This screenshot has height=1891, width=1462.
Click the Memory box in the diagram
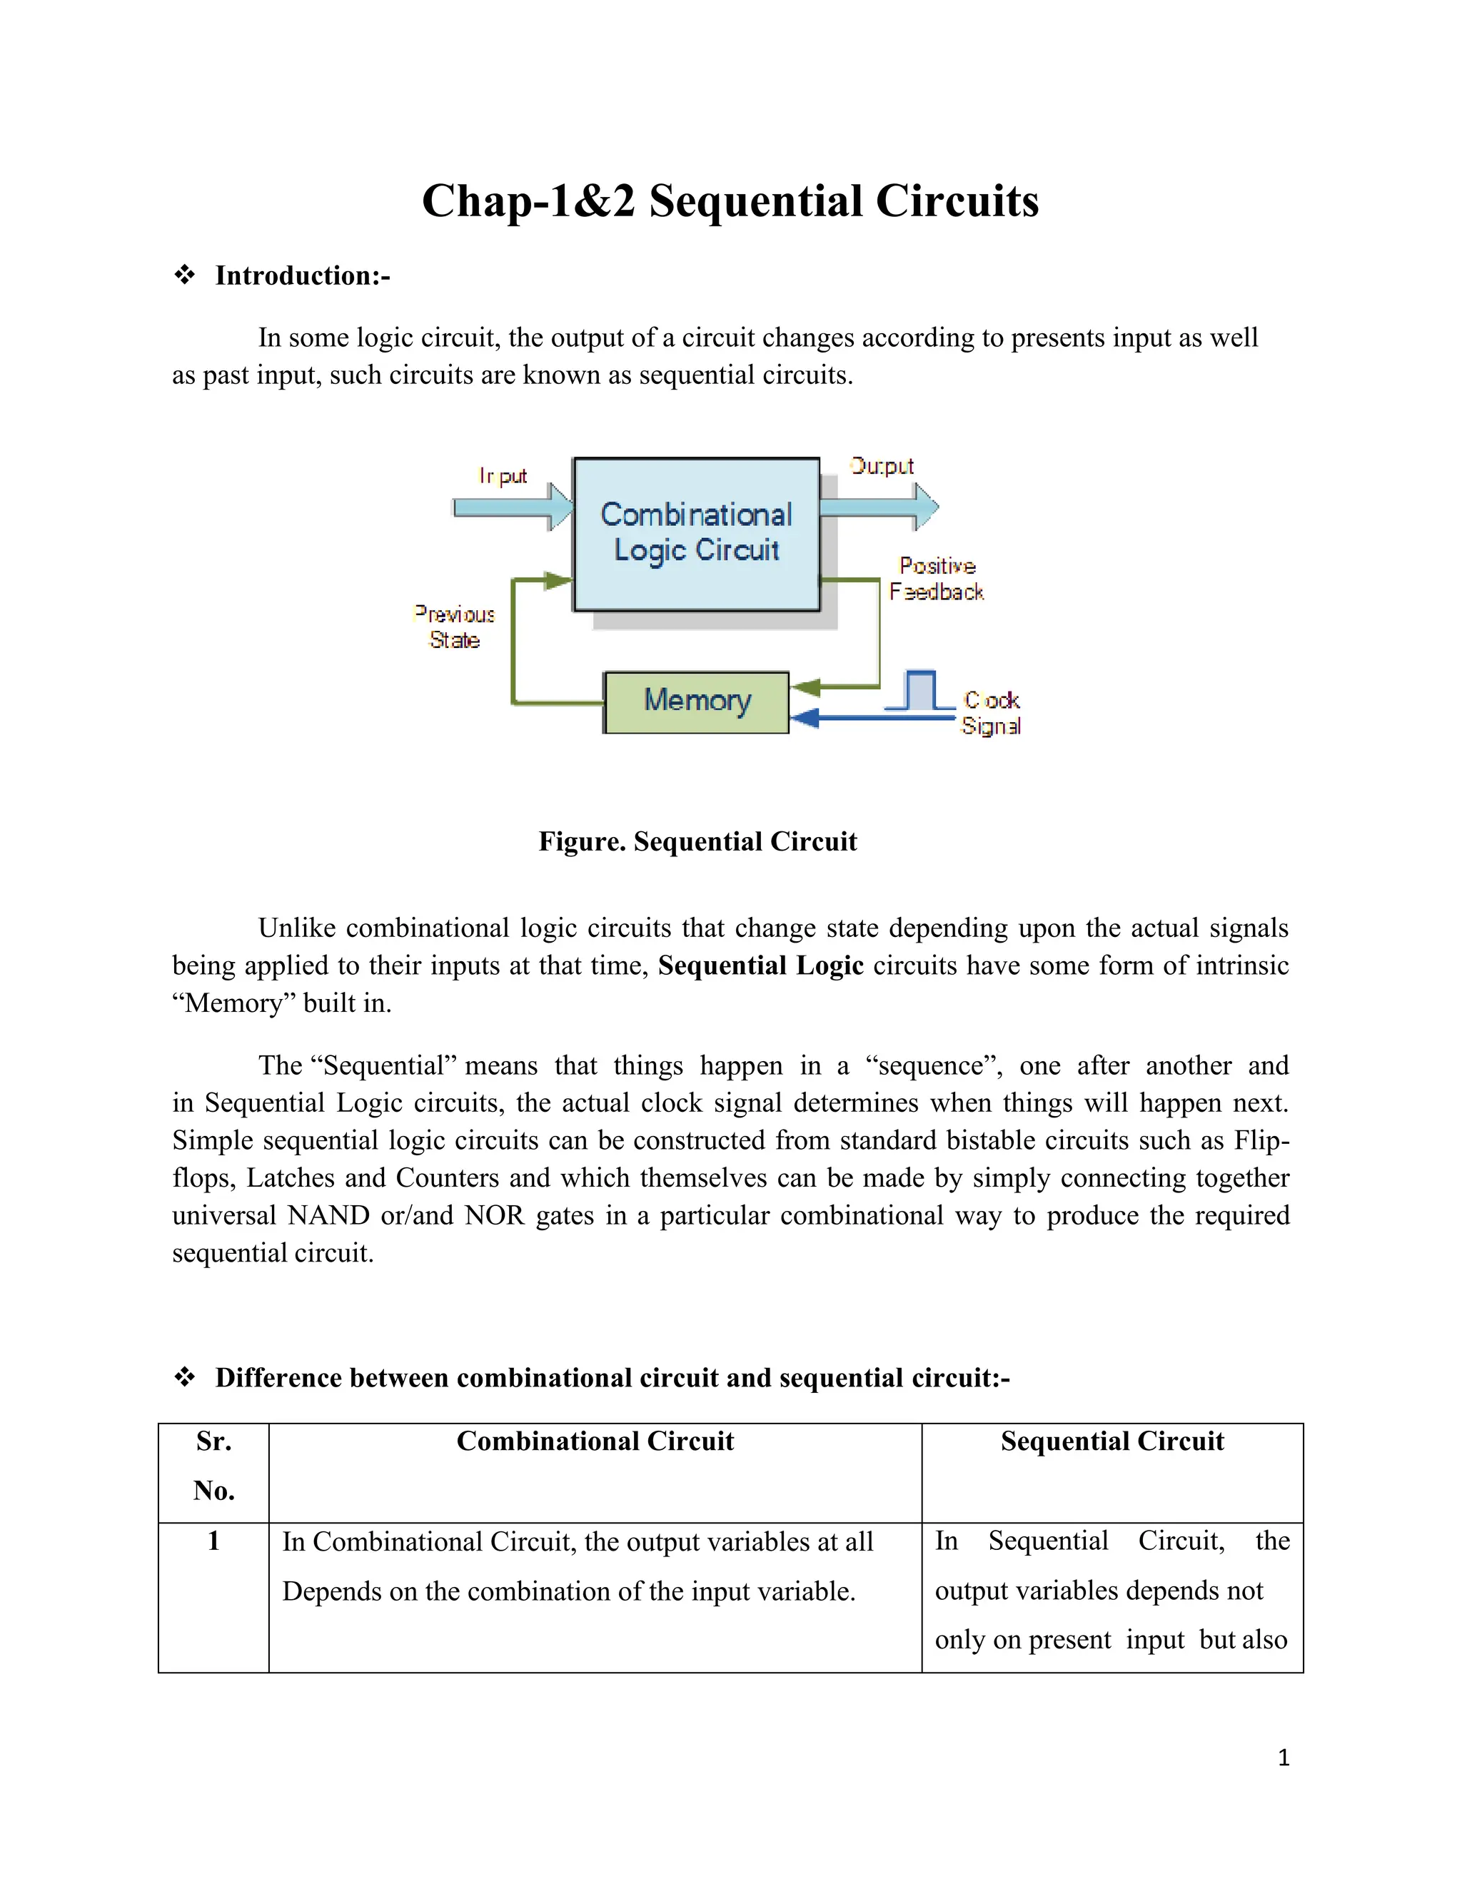coord(696,702)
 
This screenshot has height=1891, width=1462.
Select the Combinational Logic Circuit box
coord(696,533)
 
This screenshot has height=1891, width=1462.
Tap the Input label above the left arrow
coord(503,476)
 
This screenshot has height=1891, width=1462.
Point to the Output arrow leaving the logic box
coord(879,507)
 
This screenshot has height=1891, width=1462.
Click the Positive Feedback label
coord(937,579)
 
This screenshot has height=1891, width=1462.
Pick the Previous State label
coord(455,627)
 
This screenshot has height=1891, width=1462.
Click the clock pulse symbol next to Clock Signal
coord(919,691)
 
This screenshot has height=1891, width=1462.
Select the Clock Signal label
coord(992,713)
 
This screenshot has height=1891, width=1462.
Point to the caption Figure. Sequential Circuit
coord(697,841)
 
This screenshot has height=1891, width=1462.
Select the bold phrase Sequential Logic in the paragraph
coord(760,965)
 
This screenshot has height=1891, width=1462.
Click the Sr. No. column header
coord(214,1465)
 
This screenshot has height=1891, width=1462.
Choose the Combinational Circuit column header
coord(595,1441)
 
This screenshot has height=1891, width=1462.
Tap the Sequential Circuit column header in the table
coord(1112,1441)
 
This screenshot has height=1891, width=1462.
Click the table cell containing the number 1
coord(214,1541)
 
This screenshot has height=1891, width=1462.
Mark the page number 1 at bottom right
coord(1284,1757)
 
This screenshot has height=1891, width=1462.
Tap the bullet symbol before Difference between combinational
coord(184,1377)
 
